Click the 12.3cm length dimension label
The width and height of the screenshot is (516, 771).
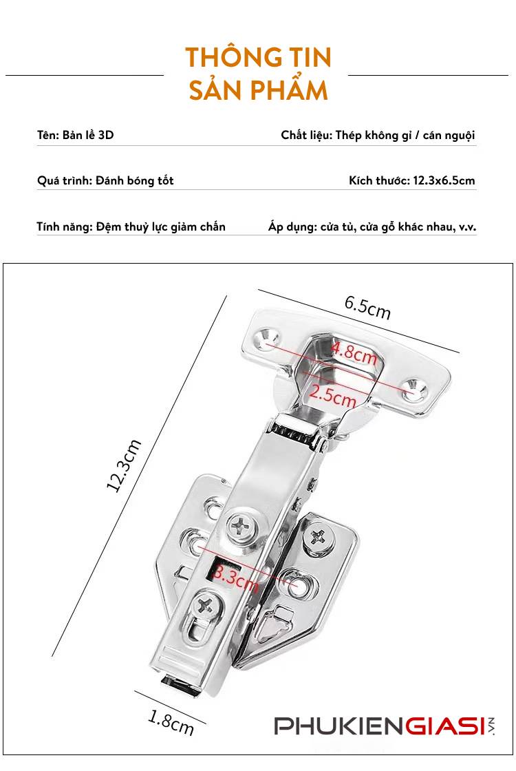tap(124, 465)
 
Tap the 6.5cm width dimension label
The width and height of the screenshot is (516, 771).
tap(367, 307)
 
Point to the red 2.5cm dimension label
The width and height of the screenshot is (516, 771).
tap(333, 396)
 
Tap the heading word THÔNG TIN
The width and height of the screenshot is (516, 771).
tap(258, 58)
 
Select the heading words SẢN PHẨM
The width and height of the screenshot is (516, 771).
tap(258, 91)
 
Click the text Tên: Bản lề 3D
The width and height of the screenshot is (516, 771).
tap(75, 135)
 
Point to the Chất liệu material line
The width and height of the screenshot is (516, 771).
tap(378, 135)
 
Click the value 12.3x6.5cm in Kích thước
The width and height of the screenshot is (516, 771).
tap(444, 181)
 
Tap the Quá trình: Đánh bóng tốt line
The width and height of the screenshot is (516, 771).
tap(105, 181)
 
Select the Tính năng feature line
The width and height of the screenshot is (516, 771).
tap(131, 226)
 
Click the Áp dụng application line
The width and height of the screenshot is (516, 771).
tap(372, 226)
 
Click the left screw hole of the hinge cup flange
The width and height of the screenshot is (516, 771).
tap(265, 338)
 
